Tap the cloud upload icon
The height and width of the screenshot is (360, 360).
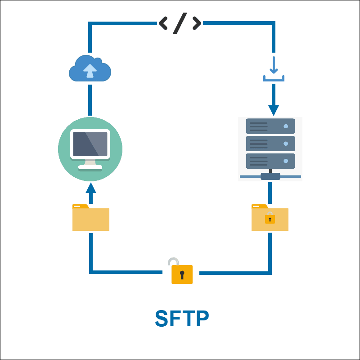coord(90,69)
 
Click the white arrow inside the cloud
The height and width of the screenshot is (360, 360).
coord(90,70)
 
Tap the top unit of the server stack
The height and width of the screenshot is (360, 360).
coord(270,126)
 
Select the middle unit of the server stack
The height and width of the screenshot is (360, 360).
coord(270,144)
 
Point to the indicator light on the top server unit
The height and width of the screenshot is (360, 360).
coord(285,126)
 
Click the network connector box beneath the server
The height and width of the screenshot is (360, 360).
coord(270,176)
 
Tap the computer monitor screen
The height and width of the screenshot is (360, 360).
coord(90,144)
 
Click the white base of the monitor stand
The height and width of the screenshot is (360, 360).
coord(90,167)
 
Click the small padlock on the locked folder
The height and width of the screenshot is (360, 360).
coord(270,218)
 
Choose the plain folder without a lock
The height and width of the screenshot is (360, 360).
coord(91,218)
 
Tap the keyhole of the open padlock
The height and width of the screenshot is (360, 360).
coord(182,274)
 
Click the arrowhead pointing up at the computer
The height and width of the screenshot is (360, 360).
coord(91,187)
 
